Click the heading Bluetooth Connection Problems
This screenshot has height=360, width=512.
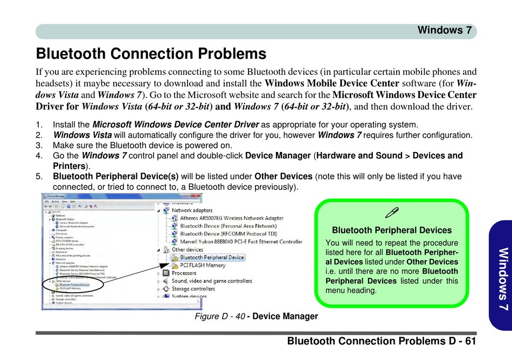tap(151, 54)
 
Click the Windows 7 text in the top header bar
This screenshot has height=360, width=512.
tap(445, 30)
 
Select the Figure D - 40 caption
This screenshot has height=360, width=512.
tap(256, 316)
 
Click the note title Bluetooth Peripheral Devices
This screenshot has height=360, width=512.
tap(392, 230)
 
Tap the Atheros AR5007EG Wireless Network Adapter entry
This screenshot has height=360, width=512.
tap(232, 218)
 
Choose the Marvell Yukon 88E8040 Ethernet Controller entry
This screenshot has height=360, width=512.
tap(241, 242)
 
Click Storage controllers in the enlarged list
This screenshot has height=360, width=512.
tap(193, 289)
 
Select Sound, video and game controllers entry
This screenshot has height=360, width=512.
tap(212, 281)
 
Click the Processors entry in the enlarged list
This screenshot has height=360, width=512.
tap(184, 273)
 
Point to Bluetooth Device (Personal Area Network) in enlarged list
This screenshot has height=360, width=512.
tap(228, 226)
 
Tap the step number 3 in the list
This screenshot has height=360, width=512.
tap(39, 146)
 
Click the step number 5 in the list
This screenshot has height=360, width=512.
tap(39, 176)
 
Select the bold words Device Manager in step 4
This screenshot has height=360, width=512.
tap(278, 156)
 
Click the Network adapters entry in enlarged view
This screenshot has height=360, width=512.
tap(192, 210)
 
